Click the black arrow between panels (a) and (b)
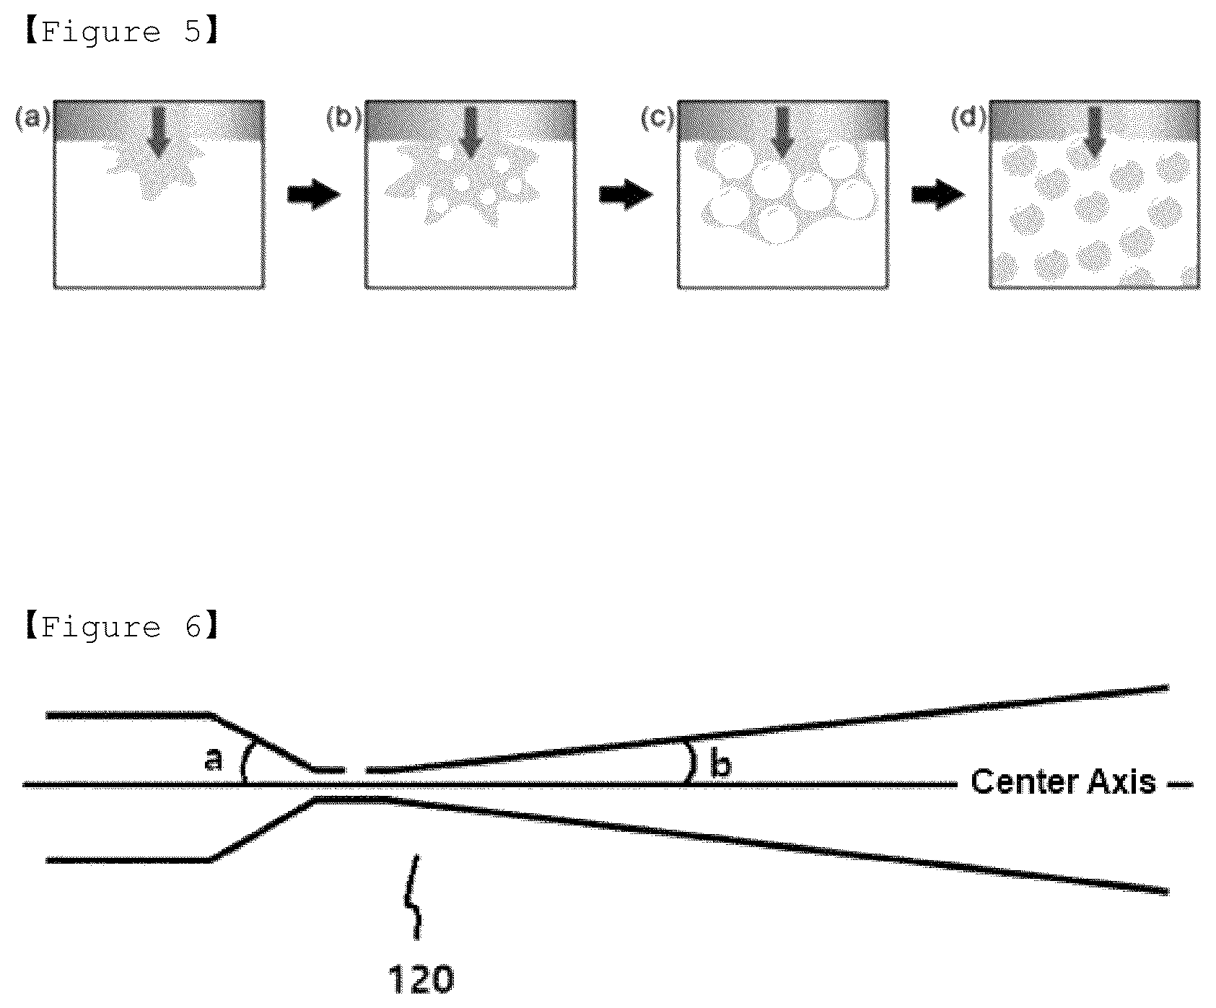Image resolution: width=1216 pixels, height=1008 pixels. pos(314,195)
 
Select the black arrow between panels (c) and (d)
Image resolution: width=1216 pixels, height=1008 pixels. pos(938,195)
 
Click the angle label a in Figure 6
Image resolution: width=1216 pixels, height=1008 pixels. pos(214,759)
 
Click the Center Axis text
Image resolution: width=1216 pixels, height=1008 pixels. pos(1063,781)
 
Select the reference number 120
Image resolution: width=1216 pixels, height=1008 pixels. pos(421,980)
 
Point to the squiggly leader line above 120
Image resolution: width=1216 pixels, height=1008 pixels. pos(414,896)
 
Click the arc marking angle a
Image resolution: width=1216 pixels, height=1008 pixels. pos(243,761)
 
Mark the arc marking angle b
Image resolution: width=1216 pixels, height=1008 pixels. pos(691,761)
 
